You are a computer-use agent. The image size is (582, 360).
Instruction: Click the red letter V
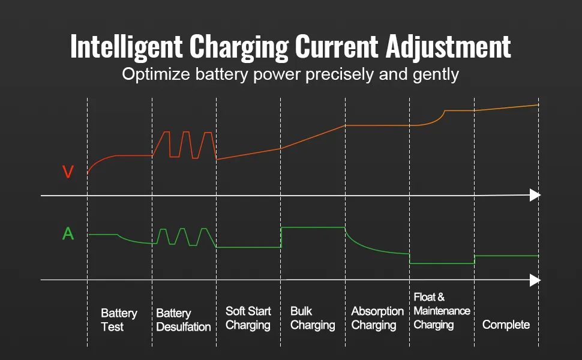tap(68, 172)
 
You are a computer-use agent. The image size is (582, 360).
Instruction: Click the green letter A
tap(68, 233)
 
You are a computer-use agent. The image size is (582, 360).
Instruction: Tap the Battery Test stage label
tap(119, 320)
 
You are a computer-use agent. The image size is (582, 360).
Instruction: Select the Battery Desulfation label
tap(183, 320)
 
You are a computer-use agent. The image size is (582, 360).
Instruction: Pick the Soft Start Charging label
tap(248, 318)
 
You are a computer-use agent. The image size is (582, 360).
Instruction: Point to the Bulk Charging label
tap(312, 318)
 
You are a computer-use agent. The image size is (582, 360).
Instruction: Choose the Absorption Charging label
tap(377, 318)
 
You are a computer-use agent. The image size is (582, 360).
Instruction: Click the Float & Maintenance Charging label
tap(442, 311)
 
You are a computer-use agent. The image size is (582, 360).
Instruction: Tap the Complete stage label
tap(506, 325)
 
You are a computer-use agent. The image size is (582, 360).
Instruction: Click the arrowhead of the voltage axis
tap(535, 195)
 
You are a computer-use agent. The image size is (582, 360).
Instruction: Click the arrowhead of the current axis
tap(535, 280)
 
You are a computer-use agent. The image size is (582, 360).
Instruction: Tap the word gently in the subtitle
tap(437, 75)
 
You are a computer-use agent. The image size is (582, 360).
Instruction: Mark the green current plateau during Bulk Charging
tap(313, 227)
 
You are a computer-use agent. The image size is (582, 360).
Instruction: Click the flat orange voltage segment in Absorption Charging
tap(377, 125)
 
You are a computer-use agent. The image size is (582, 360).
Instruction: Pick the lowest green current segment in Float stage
tap(442, 263)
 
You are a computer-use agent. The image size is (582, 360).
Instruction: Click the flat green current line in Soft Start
tap(248, 247)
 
